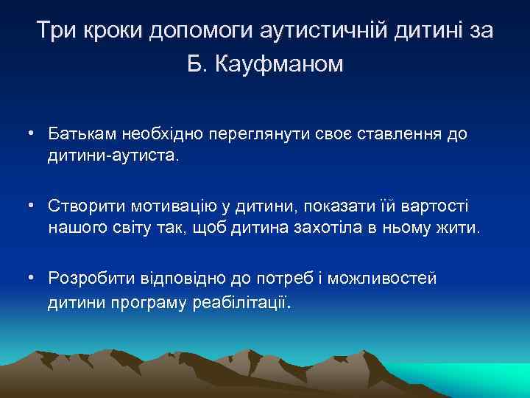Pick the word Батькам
(80, 135)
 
